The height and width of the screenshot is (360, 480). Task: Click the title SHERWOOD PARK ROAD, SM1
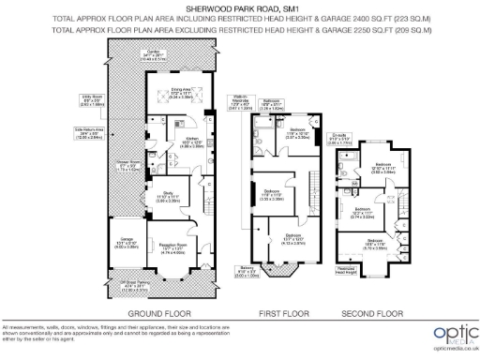(240, 8)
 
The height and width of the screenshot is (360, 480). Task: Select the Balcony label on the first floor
(245, 274)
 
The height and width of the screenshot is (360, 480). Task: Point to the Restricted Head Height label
(346, 270)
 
